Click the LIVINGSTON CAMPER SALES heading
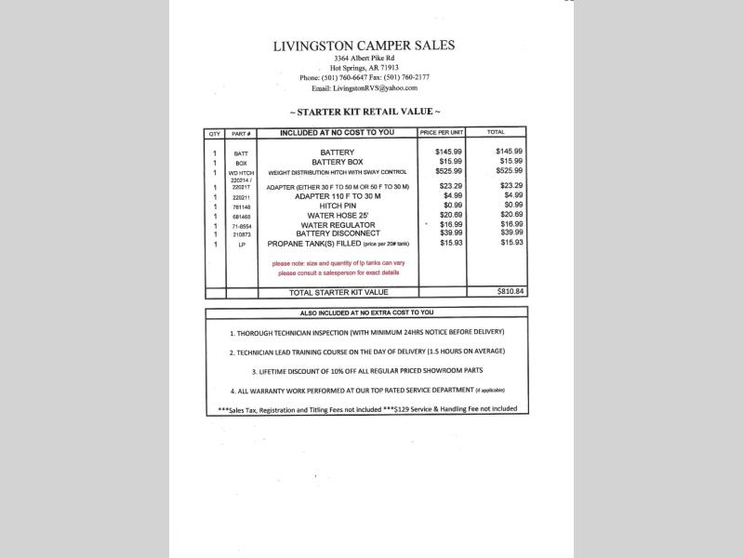365,45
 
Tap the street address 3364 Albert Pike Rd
365,59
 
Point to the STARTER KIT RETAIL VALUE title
365,112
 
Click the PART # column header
241,133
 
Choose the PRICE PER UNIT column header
441,133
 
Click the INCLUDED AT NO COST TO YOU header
337,133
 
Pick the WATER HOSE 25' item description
337,215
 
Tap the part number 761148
241,206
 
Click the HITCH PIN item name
337,206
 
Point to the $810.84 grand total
511,292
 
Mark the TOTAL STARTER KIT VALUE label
338,292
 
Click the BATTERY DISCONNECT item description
337,233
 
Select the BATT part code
241,153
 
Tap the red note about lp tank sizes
338,268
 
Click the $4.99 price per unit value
452,195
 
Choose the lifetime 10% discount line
366,371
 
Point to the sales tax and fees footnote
366,409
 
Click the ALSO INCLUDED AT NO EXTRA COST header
366,313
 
